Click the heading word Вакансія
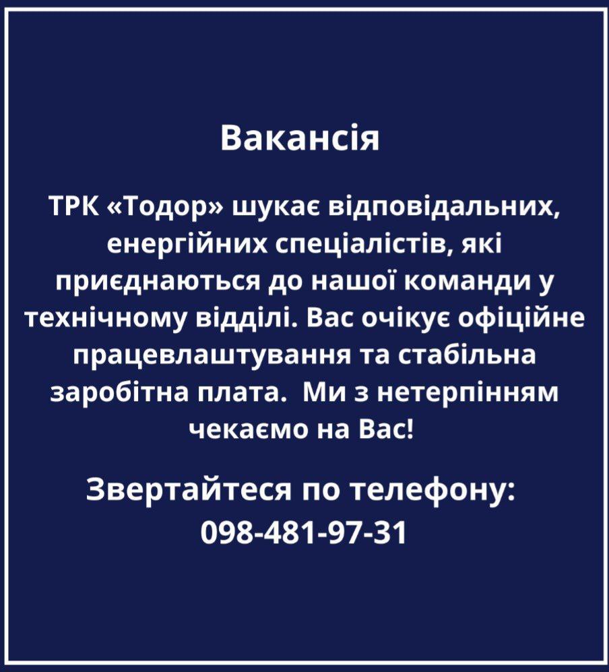pyautogui.click(x=300, y=138)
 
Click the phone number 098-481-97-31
pyautogui.click(x=304, y=532)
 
